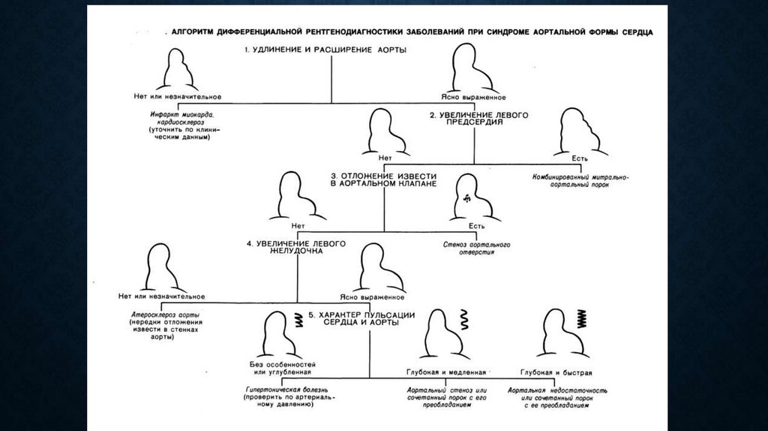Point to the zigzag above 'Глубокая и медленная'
tap(464, 321)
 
